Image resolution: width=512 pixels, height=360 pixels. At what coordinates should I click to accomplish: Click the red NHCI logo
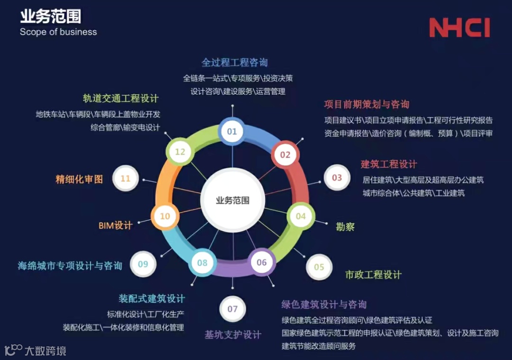pos(459,28)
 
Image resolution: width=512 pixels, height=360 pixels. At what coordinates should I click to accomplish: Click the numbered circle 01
pos(232,131)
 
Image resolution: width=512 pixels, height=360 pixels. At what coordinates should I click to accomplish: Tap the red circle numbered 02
pos(285,154)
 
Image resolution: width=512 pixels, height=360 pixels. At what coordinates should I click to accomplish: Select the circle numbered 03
pos(337,178)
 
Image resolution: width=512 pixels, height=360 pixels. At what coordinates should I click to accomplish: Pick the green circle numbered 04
pos(301,216)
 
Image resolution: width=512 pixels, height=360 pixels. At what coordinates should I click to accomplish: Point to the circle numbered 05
pos(319,267)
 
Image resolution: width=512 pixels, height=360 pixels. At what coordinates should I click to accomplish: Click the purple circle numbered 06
pos(262,262)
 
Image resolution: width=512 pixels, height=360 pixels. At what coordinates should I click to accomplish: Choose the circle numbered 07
pos(232,309)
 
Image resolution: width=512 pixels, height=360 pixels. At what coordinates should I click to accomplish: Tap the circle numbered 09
pos(143,264)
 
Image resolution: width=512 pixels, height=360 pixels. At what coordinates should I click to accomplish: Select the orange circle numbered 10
pos(165,216)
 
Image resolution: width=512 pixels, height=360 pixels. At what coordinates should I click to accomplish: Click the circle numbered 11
pos(125,179)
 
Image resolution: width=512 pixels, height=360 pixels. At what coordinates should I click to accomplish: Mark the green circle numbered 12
pos(180,152)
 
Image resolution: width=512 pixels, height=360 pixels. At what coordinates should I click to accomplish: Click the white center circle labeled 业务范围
pos(232,200)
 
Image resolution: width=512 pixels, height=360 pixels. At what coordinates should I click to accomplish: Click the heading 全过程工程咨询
pos(235,63)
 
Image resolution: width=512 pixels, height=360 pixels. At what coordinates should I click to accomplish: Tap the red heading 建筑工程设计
pos(389,164)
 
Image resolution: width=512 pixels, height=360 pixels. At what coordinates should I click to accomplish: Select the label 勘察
pos(345,227)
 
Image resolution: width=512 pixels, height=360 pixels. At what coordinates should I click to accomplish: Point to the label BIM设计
pos(115,225)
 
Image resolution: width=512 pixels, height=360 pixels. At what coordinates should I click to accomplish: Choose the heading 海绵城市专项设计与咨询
pos(70,266)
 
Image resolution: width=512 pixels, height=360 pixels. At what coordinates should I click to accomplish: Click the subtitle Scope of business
pos(58,32)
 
